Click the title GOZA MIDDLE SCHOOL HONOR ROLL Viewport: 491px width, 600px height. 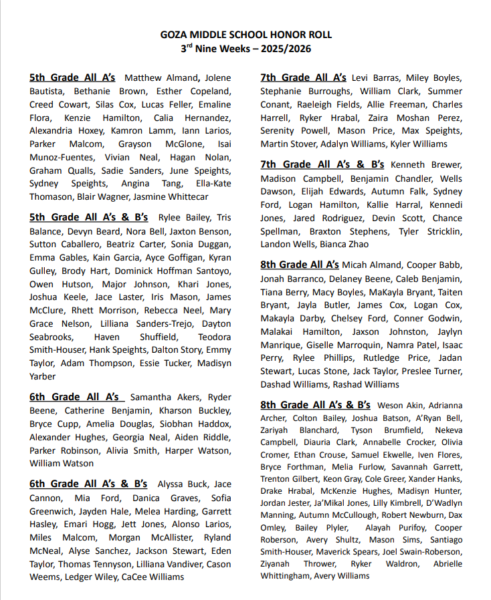[246, 35]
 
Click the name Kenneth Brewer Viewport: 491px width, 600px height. [426, 164]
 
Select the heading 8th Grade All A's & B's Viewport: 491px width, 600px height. [315, 405]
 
